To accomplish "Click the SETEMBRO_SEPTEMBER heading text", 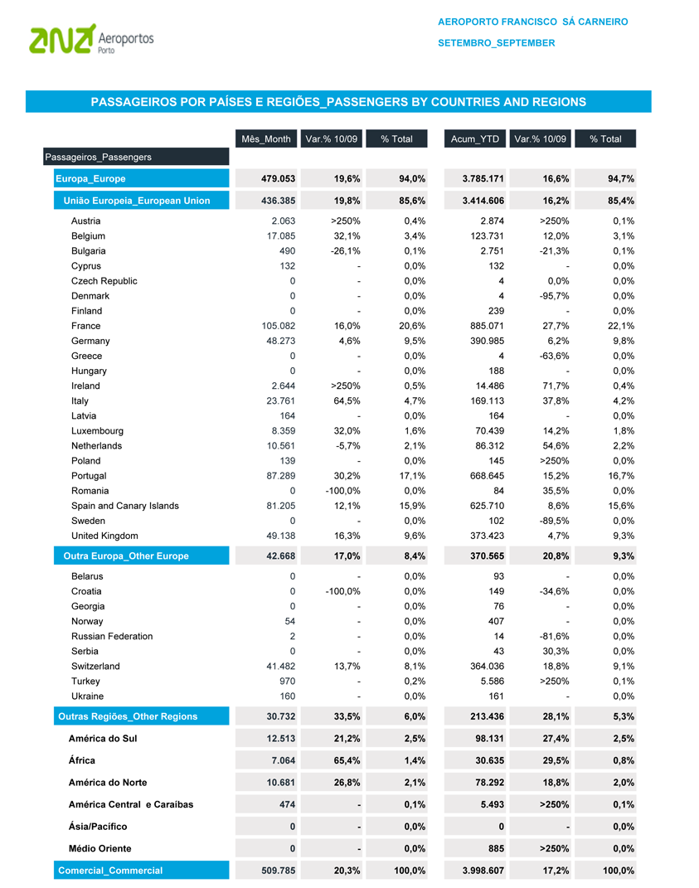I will click(x=497, y=42).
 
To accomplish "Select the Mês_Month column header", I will click(x=265, y=138).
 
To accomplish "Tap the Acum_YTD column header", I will click(x=474, y=138).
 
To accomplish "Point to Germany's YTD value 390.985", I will click(x=487, y=341).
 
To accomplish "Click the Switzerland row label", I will click(x=95, y=666).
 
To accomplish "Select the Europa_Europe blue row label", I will click(x=90, y=178).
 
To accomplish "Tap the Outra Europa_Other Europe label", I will click(x=126, y=556).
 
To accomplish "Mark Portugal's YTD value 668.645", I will click(x=487, y=476).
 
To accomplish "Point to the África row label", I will click(x=82, y=760).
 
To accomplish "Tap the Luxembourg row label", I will click(x=97, y=431).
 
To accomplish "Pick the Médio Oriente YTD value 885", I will click(x=494, y=848).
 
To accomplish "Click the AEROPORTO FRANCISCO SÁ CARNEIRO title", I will click(x=533, y=22).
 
